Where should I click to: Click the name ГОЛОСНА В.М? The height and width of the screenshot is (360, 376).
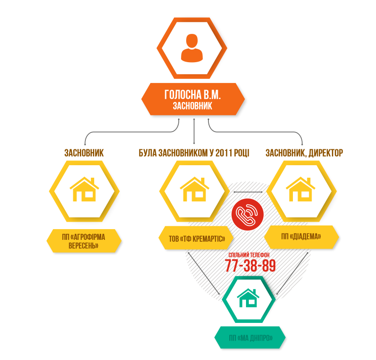192,95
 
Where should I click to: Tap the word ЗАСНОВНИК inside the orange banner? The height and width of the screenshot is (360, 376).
192,106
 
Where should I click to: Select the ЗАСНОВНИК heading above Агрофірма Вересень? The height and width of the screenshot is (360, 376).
84,153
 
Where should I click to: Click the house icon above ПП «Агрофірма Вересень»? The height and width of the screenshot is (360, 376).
84,189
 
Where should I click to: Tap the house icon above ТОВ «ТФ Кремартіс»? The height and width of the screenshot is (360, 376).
194,189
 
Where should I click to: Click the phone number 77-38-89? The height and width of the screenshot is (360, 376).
250,266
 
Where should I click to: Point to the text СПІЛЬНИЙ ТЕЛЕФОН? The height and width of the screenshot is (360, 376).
250,256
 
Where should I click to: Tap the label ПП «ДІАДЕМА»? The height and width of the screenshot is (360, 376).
301,237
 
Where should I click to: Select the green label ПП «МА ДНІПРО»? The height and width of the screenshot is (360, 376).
250,337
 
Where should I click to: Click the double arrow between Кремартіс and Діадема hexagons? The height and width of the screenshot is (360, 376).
248,192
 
